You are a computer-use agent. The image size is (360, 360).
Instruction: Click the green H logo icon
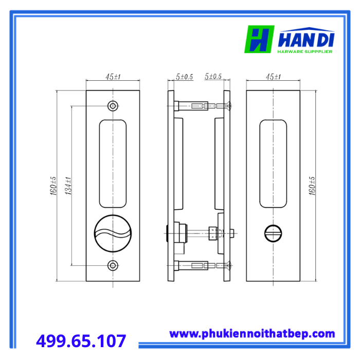pyautogui.click(x=259, y=39)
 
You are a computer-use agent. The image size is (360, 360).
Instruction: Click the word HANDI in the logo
pyautogui.click(x=306, y=40)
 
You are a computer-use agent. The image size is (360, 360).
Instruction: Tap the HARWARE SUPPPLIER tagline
pyautogui.click(x=305, y=51)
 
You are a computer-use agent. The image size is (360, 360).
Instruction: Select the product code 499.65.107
pyautogui.click(x=81, y=340)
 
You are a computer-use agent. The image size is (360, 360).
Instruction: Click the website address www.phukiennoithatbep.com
pyautogui.click(x=252, y=334)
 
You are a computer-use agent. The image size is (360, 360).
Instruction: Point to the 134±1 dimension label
pyautogui.click(x=68, y=186)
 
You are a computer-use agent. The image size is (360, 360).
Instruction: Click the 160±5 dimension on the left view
pyautogui.click(x=53, y=186)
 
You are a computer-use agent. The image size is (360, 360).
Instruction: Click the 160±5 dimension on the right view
pyautogui.click(x=312, y=186)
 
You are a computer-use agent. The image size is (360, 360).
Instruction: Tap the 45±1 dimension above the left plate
pyautogui.click(x=113, y=77)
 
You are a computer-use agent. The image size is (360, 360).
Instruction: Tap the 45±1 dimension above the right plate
pyautogui.click(x=273, y=77)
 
